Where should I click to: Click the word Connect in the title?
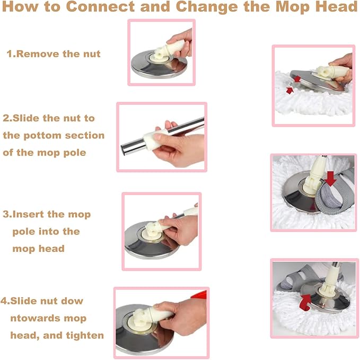[x=100, y=6]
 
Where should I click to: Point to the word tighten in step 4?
[x=85, y=336]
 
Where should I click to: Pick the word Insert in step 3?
[x=29, y=214]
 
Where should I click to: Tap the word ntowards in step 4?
[x=36, y=319]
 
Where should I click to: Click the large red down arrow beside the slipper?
[x=330, y=178]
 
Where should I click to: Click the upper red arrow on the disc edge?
[x=297, y=79]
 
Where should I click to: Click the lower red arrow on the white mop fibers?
[x=289, y=90]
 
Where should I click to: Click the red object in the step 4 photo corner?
[x=199, y=295]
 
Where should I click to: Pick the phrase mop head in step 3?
[x=38, y=249]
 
